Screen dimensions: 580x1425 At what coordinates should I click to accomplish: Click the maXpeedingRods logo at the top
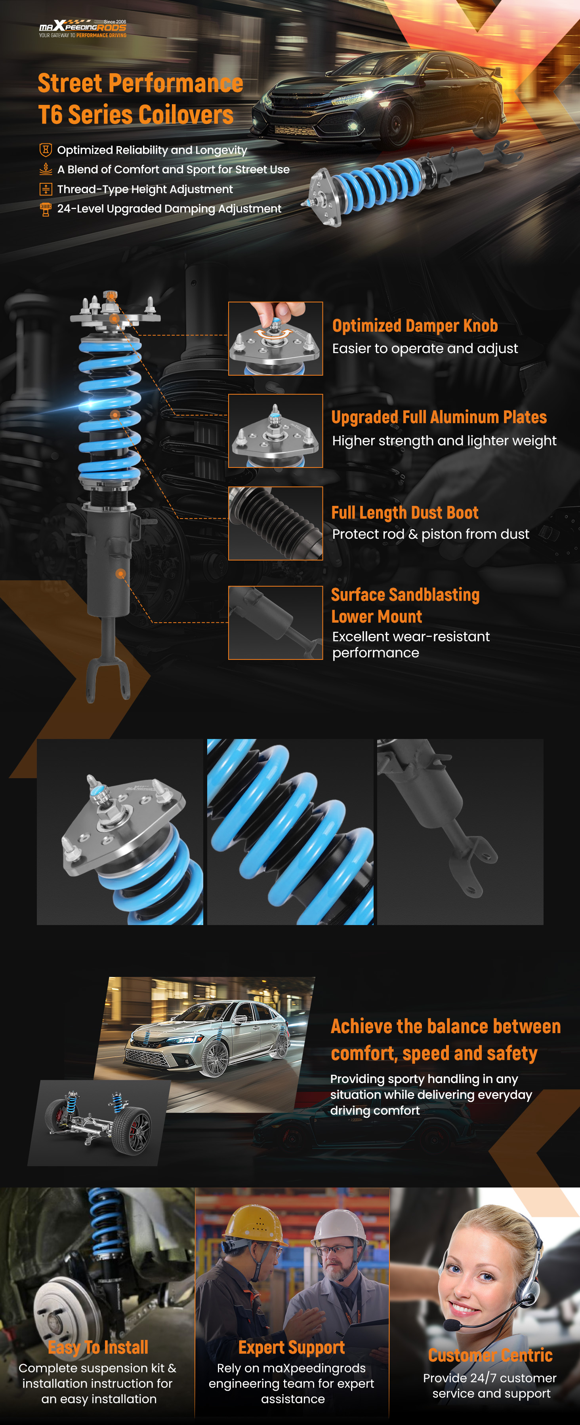pyautogui.click(x=82, y=28)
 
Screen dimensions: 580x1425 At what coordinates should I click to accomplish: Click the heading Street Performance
pyautogui.click(x=141, y=84)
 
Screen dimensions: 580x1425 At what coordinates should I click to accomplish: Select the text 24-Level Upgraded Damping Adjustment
pyautogui.click(x=169, y=209)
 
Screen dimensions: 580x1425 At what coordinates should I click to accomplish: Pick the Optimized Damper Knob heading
pyautogui.click(x=415, y=326)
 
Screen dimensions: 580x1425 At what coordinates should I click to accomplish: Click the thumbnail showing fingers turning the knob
pyautogui.click(x=276, y=338)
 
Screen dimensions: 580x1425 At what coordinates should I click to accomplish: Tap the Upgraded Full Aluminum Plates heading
pyautogui.click(x=439, y=417)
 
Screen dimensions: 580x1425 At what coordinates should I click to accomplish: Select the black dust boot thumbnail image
pyautogui.click(x=276, y=523)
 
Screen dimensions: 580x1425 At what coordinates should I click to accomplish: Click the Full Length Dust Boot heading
pyautogui.click(x=404, y=513)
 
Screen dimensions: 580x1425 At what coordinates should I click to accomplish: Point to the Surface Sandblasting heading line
pyautogui.click(x=405, y=595)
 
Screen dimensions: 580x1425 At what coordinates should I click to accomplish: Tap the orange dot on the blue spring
pyautogui.click(x=115, y=415)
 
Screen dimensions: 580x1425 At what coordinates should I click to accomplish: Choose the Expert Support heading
pyautogui.click(x=292, y=1347)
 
